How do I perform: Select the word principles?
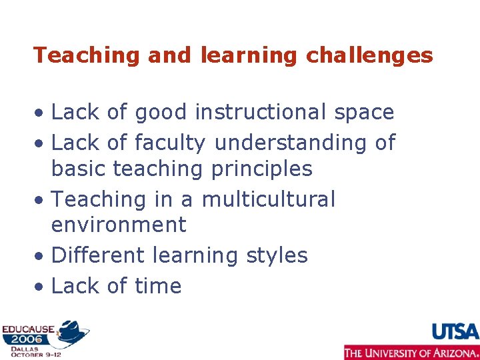point(261,169)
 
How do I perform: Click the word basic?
point(79,169)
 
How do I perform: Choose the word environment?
point(119,225)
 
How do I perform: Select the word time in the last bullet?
point(157,286)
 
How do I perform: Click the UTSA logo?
point(455,331)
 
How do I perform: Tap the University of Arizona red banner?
point(411,352)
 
